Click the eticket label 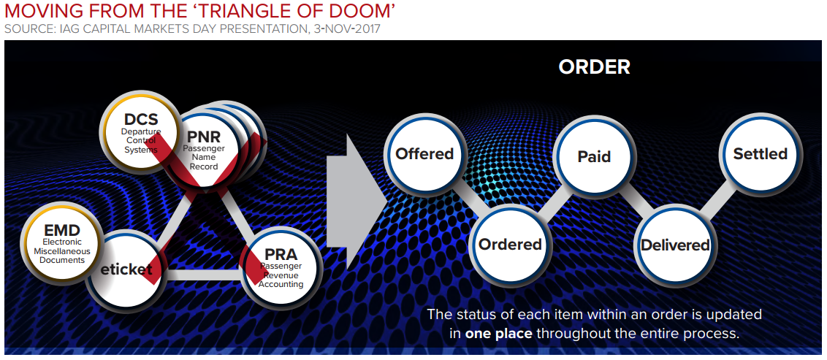pos(126,270)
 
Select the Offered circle pos(424,154)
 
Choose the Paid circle pos(594,156)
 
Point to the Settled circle pos(761,154)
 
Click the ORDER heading pos(595,67)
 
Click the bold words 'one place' pos(498,334)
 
